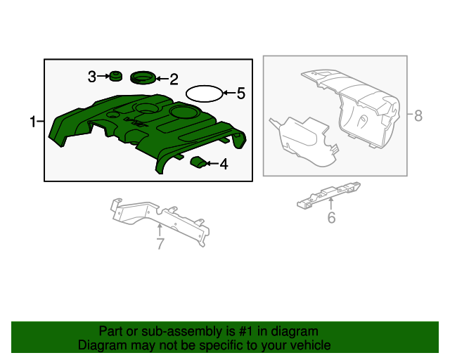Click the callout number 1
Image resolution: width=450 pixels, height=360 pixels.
tap(32, 122)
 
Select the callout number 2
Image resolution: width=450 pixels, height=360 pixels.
tap(173, 79)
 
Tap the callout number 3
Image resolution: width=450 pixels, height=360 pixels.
tap(92, 77)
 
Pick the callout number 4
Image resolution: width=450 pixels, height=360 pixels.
tap(224, 165)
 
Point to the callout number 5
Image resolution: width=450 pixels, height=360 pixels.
tap(240, 93)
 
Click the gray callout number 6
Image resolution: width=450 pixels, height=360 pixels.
tap(331, 218)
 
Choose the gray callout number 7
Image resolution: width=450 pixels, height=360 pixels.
tap(160, 244)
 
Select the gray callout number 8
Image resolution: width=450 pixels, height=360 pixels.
tap(418, 116)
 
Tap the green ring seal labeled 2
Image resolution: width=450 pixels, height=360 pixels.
tap(143, 77)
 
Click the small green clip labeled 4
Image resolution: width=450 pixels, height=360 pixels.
tap(198, 163)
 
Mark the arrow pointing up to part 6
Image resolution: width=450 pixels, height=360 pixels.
tap(331, 204)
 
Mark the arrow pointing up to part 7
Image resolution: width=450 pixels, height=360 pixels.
tap(160, 229)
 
